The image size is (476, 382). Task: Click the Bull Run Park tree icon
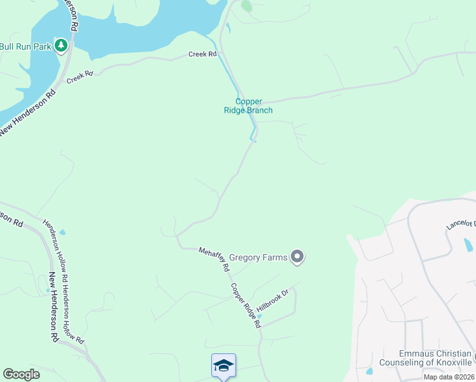(x=61, y=46)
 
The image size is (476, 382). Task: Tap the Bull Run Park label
(x=25, y=46)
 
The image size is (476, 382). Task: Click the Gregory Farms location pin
(x=297, y=257)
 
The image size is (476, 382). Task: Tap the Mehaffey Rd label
(x=213, y=259)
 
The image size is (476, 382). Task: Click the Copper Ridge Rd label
(x=246, y=306)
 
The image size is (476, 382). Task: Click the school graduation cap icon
(x=223, y=365)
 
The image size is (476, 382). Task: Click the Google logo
(x=21, y=374)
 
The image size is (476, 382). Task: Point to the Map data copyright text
(x=448, y=377)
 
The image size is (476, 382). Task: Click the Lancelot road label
(x=461, y=224)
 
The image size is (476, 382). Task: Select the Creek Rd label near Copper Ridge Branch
(x=202, y=55)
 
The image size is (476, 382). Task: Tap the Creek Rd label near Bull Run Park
(x=80, y=76)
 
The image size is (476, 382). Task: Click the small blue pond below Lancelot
(x=469, y=245)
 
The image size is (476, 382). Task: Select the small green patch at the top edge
(x=246, y=6)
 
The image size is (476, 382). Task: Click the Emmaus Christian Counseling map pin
(x=473, y=354)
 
